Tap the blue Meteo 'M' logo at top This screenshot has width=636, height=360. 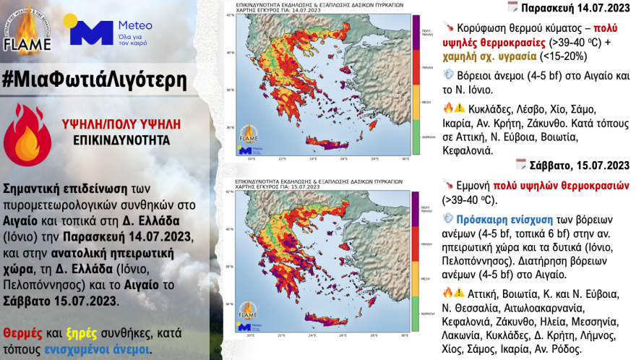(91, 33)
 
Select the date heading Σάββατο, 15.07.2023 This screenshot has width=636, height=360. (578, 165)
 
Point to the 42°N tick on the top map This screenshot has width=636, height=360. (231, 14)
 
